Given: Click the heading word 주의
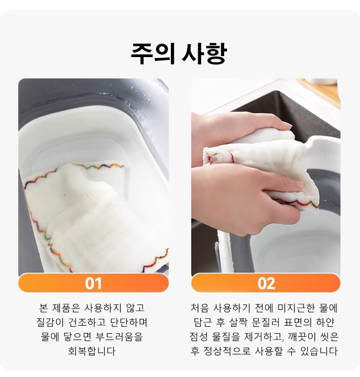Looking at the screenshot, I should pyautogui.click(x=152, y=54).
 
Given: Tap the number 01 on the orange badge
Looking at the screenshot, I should pyautogui.click(x=94, y=283).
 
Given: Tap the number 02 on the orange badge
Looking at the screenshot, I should pyautogui.click(x=266, y=283).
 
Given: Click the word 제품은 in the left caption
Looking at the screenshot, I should pyautogui.click(x=67, y=307).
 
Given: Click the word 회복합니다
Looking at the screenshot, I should pyautogui.click(x=93, y=351).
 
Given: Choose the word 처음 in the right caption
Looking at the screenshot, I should pyautogui.click(x=200, y=307).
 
